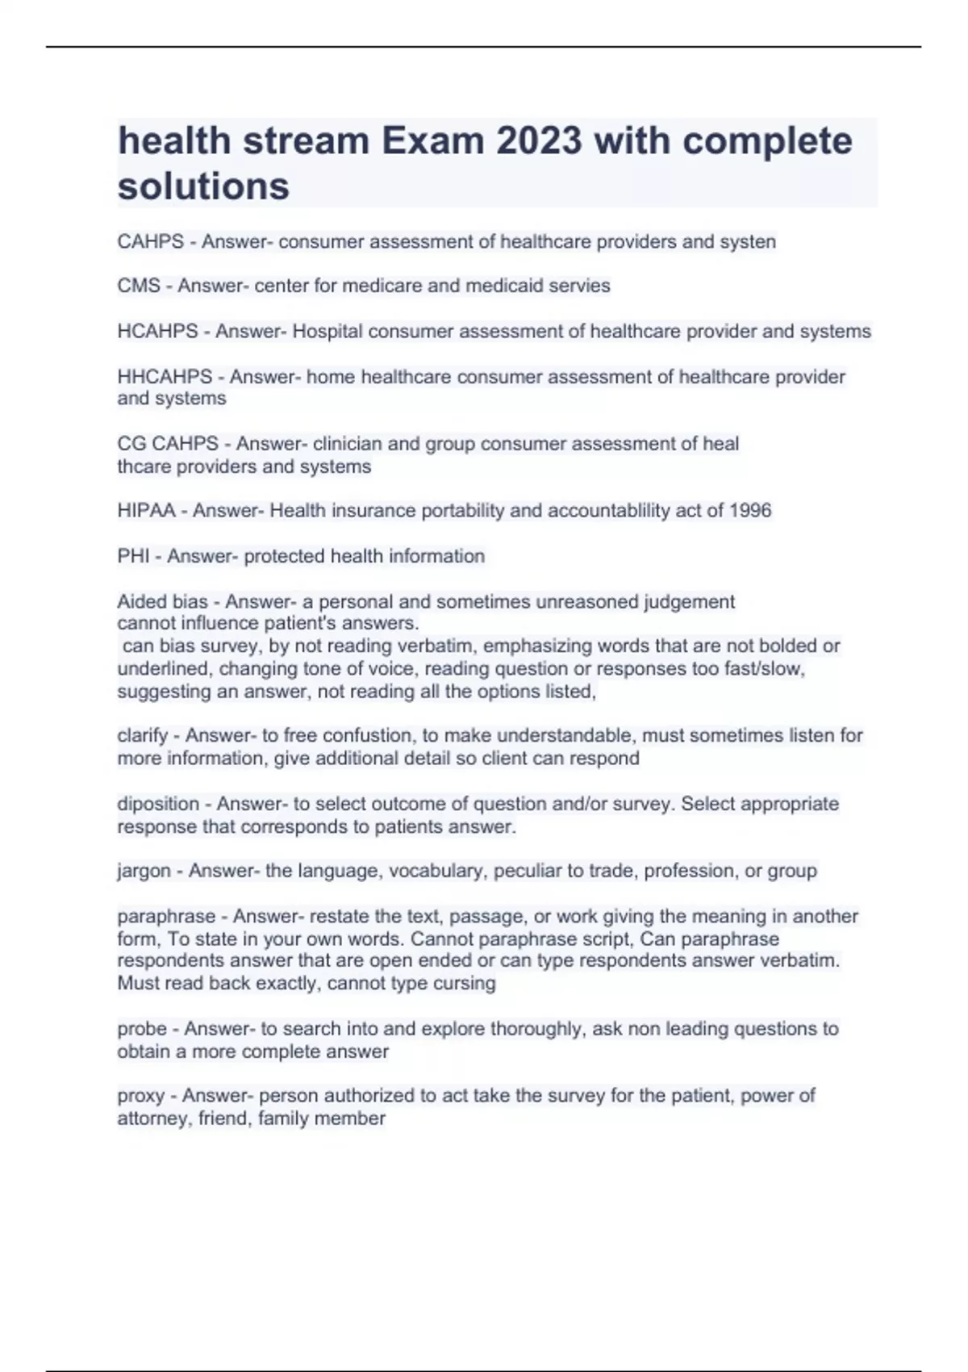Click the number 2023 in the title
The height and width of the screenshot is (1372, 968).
539,141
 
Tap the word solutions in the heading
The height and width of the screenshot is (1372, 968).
203,186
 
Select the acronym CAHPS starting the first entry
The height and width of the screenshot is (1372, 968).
150,242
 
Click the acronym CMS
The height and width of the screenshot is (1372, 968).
139,286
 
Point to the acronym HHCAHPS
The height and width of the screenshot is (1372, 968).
165,377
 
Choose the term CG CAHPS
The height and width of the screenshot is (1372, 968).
168,444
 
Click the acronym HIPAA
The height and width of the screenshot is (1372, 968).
146,511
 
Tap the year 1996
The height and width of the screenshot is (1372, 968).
749,511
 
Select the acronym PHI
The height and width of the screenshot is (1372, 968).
133,556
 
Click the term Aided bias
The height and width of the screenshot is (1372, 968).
162,602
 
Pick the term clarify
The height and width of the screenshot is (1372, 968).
143,736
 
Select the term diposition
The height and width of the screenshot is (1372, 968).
158,804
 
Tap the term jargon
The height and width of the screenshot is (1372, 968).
144,871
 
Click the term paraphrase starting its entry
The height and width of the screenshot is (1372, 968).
166,917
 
